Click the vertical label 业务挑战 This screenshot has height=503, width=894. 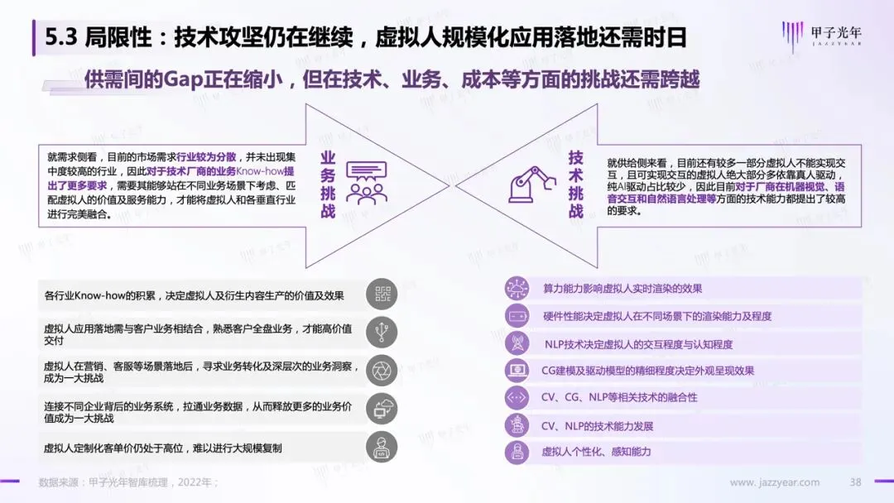click(328, 184)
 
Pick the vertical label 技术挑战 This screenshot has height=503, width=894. click(576, 184)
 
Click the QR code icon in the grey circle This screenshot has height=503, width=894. click(382, 295)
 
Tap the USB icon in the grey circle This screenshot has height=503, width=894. click(382, 331)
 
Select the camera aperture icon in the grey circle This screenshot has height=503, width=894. click(382, 369)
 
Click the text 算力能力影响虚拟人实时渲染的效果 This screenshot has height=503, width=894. click(622, 289)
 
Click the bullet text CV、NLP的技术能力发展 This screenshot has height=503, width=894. click(597, 426)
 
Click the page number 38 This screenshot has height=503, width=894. click(856, 482)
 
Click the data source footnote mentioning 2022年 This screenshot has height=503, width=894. click(128, 482)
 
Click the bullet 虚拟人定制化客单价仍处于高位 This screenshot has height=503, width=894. click(162, 448)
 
